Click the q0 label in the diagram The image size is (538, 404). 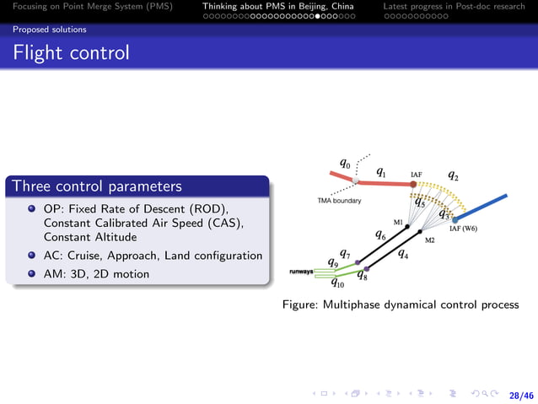[345, 163]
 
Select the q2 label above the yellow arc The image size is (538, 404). [454, 176]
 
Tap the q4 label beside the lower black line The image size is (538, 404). [403, 252]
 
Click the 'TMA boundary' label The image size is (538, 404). [339, 201]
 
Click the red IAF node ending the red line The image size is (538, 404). [413, 184]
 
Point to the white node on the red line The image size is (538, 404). [356, 180]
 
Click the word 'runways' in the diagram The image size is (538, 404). [301, 272]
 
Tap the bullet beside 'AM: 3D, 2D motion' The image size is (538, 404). [31, 273]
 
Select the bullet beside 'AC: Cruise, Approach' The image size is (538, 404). [31, 256]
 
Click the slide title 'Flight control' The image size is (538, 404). [71, 53]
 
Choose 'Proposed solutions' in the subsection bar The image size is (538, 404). [49, 30]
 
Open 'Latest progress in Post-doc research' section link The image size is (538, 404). [454, 7]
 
